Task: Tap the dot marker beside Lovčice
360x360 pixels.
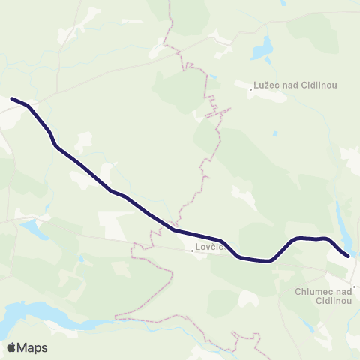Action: [192, 250]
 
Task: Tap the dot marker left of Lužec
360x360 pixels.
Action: [251, 89]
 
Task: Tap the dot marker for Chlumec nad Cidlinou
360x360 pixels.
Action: [357, 286]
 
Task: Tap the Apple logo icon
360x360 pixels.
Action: [12, 347]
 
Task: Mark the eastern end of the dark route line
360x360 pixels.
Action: [348, 256]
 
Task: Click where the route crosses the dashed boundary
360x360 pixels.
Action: [175, 229]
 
